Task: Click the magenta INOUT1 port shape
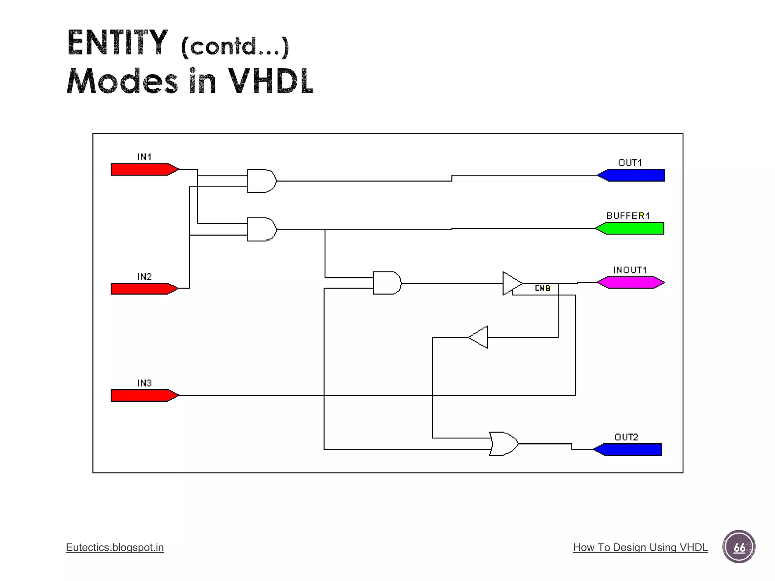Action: point(631,283)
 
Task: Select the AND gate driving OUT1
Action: point(261,181)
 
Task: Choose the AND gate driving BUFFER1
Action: point(261,229)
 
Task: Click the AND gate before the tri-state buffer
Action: point(386,283)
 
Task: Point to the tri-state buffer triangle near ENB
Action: point(511,283)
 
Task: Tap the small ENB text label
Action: point(542,288)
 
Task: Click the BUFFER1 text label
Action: point(628,216)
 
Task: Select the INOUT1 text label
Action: point(630,270)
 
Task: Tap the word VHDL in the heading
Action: point(271,81)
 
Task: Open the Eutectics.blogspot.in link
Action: point(115,547)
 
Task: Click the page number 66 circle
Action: point(739,547)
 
